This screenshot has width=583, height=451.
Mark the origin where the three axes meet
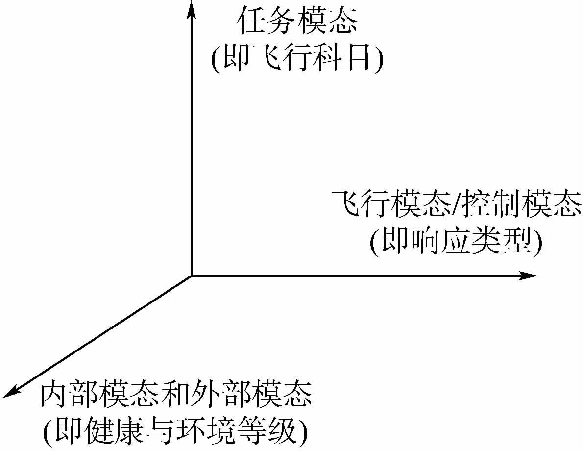pos(191,276)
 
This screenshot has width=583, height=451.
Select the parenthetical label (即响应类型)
pos(456,242)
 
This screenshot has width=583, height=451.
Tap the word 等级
pos(265,431)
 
